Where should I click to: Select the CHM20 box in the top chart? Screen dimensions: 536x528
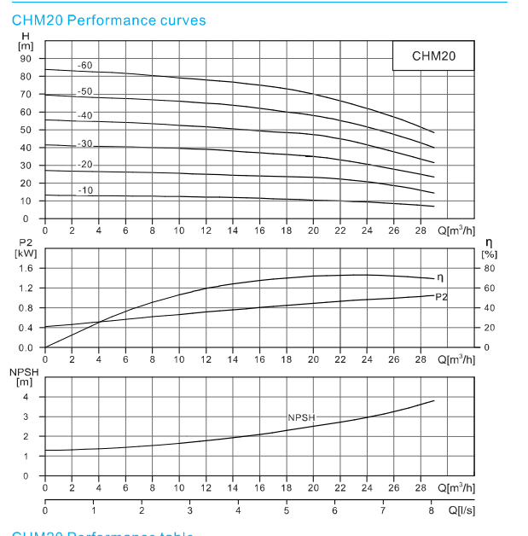(x=433, y=56)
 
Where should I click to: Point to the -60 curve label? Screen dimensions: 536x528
(x=85, y=66)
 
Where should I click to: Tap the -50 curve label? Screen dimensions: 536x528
(x=85, y=91)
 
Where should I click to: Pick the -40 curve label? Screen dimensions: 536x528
(x=85, y=115)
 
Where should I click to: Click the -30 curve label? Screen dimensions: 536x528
(x=85, y=144)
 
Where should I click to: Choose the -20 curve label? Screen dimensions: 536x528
(x=85, y=165)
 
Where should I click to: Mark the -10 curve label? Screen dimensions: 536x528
(x=85, y=190)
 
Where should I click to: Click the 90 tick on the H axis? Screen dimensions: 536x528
(x=25, y=59)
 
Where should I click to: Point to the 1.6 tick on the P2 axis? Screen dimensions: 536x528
(x=26, y=268)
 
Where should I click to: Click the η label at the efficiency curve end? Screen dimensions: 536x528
(x=439, y=277)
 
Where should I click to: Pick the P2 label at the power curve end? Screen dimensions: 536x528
(x=441, y=296)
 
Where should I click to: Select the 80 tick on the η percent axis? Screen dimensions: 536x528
(x=490, y=268)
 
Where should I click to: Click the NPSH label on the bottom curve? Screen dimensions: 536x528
(x=301, y=417)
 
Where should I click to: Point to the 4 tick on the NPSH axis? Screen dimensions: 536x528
(x=26, y=397)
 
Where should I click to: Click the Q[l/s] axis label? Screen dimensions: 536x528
(x=455, y=510)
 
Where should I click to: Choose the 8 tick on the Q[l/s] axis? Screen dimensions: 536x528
(x=432, y=510)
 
